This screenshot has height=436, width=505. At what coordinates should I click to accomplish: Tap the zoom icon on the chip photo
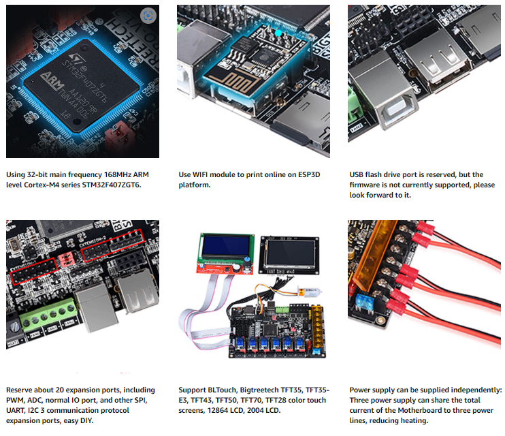coord(148,15)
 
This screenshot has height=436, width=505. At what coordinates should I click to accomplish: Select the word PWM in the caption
coord(16,401)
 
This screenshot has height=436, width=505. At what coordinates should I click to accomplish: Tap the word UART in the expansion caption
coord(16,411)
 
